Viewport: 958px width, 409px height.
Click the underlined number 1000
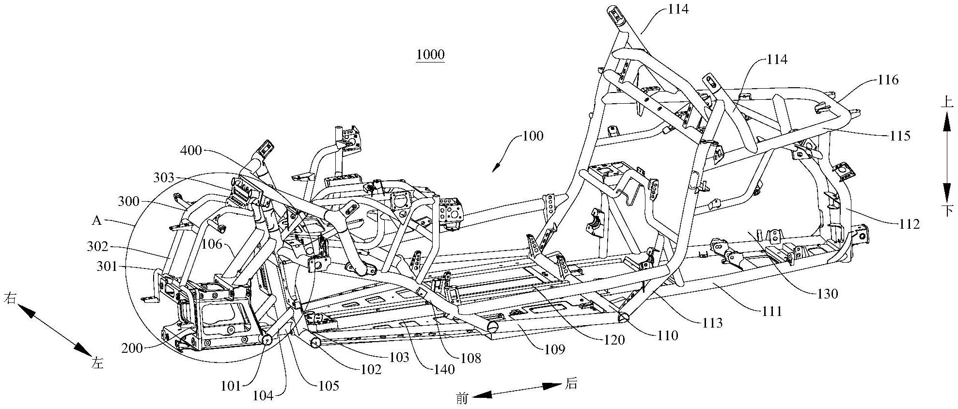(430, 54)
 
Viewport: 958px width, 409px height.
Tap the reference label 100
(533, 136)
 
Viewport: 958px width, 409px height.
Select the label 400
(191, 151)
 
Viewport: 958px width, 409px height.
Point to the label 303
(163, 178)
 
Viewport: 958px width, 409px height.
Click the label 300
(128, 201)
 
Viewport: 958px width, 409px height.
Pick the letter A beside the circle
(96, 221)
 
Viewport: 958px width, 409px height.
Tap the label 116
(888, 80)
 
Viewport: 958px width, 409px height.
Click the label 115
(900, 136)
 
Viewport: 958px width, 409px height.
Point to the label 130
(827, 294)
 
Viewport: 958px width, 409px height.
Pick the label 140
(444, 370)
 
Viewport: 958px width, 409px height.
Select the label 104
(263, 396)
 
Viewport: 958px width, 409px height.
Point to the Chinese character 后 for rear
(571, 384)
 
